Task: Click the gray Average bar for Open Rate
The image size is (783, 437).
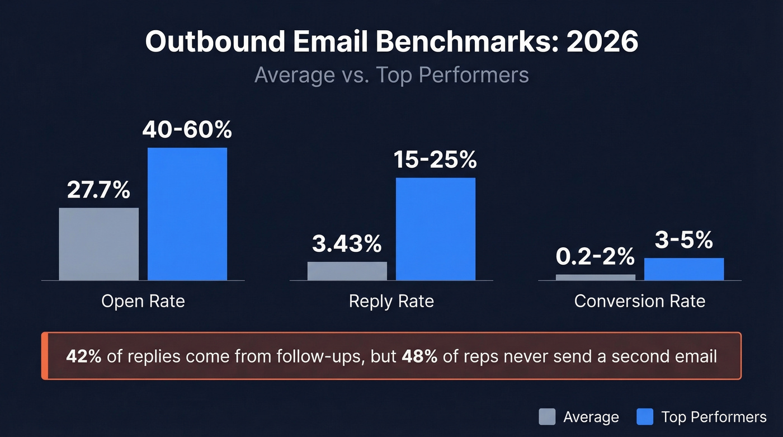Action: [98, 244]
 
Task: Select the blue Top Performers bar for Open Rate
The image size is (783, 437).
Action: [187, 214]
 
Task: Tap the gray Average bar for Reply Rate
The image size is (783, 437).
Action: [347, 271]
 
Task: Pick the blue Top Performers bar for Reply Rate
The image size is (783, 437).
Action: [436, 229]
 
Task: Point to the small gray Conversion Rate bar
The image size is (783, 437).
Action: [595, 277]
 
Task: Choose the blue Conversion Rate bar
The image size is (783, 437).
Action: [683, 269]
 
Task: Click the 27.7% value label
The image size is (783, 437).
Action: [98, 190]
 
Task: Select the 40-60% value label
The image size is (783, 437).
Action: [187, 130]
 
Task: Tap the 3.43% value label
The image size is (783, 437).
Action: [347, 244]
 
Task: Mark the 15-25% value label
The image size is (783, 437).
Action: [435, 160]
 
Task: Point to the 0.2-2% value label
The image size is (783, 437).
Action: [595, 257]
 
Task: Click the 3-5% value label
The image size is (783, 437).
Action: [683, 240]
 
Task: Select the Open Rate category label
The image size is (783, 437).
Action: [143, 301]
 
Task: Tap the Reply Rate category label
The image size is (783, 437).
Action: [391, 301]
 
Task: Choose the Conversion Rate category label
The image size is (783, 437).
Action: [639, 301]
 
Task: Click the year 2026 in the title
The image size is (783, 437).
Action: [602, 43]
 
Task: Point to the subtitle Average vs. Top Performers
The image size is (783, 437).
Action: [391, 74]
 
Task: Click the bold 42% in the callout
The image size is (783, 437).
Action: [83, 356]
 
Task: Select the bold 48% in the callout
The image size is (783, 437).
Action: [419, 356]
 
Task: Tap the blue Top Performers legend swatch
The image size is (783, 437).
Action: [645, 417]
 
